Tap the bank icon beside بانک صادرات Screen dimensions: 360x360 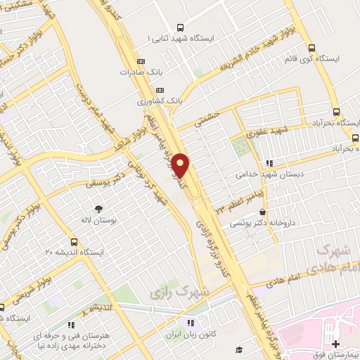[x=141, y=62]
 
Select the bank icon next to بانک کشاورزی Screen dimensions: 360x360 [x=160, y=91]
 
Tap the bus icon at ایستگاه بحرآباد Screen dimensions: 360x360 [x=336, y=112]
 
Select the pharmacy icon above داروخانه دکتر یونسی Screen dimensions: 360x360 [x=262, y=212]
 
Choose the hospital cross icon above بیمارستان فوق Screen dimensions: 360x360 [x=335, y=343]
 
